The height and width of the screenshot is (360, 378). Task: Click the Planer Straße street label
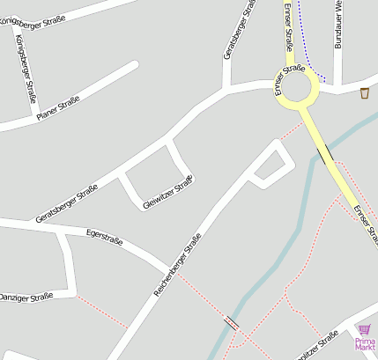[x=58, y=108]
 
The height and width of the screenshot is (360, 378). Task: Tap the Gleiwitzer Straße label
[x=167, y=194]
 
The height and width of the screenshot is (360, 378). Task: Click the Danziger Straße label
[x=26, y=298]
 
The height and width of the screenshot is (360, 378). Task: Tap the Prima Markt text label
[x=365, y=344]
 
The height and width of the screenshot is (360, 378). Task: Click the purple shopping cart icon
[x=365, y=329]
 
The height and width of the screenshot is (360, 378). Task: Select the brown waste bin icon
[x=365, y=92]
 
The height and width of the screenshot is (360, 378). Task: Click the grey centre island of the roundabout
[x=295, y=87]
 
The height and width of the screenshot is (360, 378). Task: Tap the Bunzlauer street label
[x=337, y=25]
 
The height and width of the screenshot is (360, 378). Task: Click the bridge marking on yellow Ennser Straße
[x=326, y=155]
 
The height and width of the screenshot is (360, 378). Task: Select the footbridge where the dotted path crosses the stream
[x=233, y=323]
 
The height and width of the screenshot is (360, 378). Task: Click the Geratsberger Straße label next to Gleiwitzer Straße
[x=66, y=203]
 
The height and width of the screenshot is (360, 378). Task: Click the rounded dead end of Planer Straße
[x=134, y=65]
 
